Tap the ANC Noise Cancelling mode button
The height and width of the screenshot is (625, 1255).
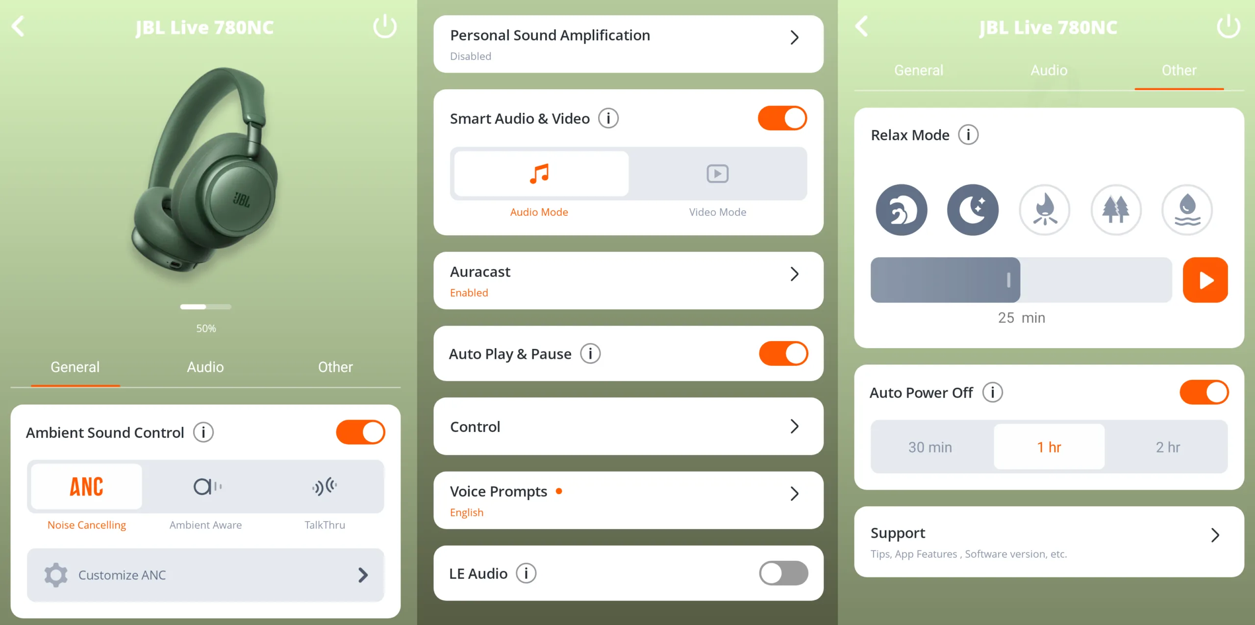[x=86, y=486]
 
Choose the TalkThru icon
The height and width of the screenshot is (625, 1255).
[x=325, y=486]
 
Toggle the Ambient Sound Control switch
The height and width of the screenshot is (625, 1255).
[x=360, y=432]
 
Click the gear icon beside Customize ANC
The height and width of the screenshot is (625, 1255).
[x=56, y=575]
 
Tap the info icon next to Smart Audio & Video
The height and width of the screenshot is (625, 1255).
[x=608, y=118]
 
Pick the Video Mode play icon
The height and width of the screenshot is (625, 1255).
[x=717, y=174]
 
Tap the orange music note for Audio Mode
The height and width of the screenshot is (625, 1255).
[x=539, y=174]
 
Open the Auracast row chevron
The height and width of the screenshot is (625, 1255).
[x=795, y=274]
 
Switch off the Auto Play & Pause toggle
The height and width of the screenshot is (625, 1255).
[x=783, y=353]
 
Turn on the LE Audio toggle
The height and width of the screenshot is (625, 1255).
[x=783, y=573]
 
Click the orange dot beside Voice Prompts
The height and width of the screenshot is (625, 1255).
[x=559, y=491]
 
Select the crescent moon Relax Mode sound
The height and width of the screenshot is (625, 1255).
[x=973, y=210]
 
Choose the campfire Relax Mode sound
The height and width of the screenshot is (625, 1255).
[x=1045, y=210]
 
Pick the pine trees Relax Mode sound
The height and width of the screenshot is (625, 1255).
[x=1116, y=210]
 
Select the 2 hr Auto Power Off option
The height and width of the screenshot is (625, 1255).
[x=1168, y=447]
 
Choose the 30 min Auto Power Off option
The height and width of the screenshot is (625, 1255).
[x=930, y=447]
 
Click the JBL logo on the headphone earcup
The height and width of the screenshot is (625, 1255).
[x=241, y=200]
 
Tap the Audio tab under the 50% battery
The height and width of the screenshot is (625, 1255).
[x=205, y=367]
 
